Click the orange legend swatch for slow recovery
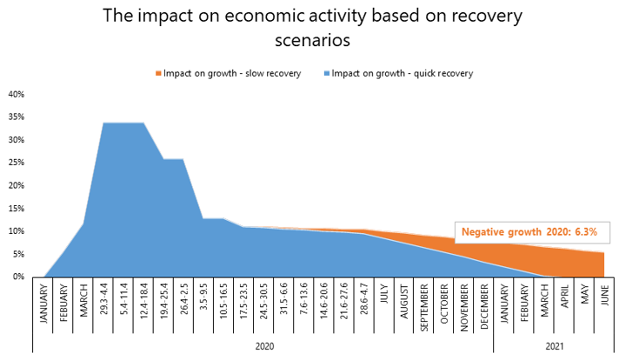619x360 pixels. point(158,74)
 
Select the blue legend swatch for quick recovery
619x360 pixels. point(327,74)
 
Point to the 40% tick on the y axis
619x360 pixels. point(17,94)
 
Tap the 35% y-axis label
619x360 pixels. point(17,117)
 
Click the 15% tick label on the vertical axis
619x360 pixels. point(17,209)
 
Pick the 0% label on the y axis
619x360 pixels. point(18,277)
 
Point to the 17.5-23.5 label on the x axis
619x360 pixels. point(243,300)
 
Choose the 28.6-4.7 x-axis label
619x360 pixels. point(364,299)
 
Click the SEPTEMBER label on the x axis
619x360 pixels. point(424,308)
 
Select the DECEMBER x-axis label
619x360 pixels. point(484,306)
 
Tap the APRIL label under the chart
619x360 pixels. point(564,296)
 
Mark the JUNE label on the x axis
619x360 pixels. point(605,296)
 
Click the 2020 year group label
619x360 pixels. point(264,347)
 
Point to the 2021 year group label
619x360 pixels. point(555,347)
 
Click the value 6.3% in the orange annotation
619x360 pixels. point(586,231)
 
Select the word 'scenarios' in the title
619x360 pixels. point(313,40)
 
